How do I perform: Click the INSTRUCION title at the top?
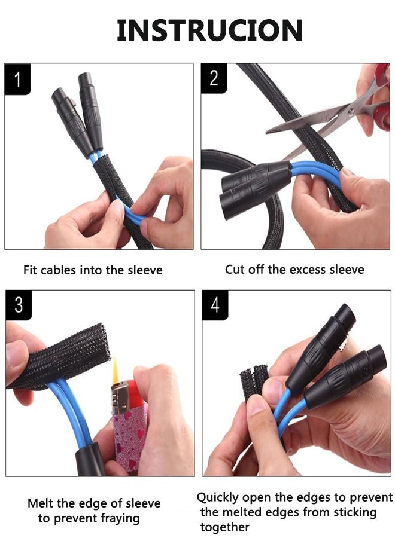pyautogui.click(x=209, y=30)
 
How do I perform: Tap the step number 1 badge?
pyautogui.click(x=17, y=80)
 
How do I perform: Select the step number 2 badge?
pyautogui.click(x=214, y=78)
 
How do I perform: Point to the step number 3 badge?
pyautogui.click(x=19, y=305)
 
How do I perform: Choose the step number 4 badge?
pyautogui.click(x=215, y=305)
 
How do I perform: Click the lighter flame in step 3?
pyautogui.click(x=116, y=370)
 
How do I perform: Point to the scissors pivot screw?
pyautogui.click(x=351, y=112)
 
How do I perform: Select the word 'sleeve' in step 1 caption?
pyautogui.click(x=145, y=270)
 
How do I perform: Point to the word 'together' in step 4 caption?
pyautogui.click(x=225, y=527)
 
